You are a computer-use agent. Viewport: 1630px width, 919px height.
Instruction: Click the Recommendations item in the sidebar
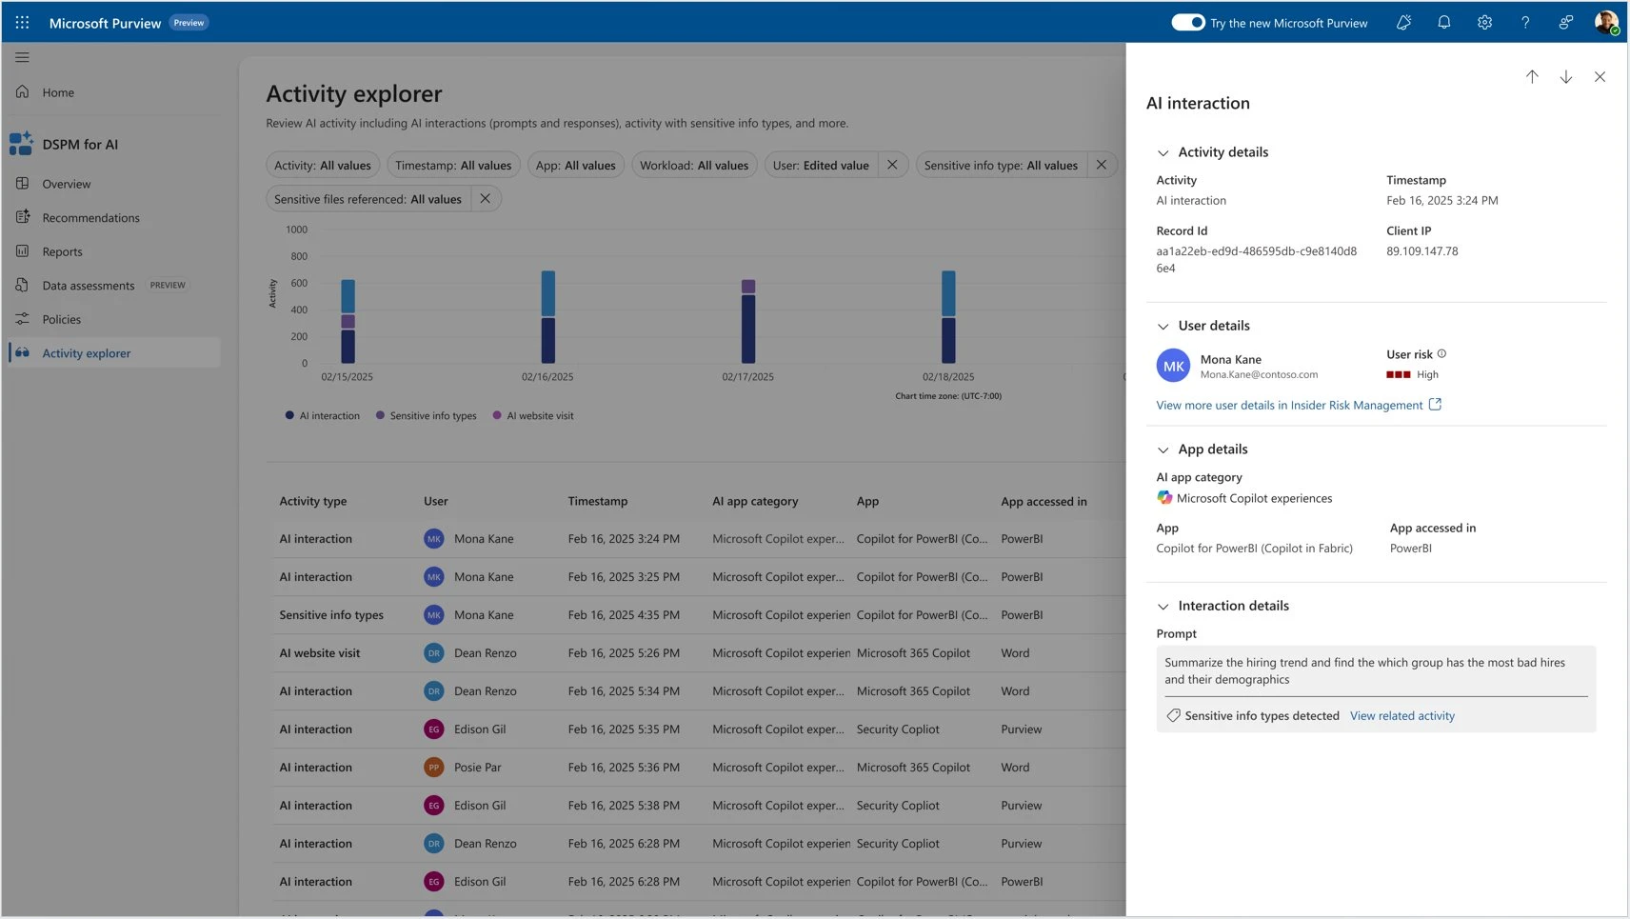pyautogui.click(x=90, y=218)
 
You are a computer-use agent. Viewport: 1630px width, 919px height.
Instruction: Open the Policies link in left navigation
pyautogui.click(x=61, y=320)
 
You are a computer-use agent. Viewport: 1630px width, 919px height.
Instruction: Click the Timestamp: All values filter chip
pyautogui.click(x=453, y=166)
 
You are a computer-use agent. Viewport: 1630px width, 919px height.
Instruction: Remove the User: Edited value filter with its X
pyautogui.click(x=892, y=165)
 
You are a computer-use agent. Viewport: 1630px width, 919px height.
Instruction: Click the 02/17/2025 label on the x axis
pyautogui.click(x=747, y=377)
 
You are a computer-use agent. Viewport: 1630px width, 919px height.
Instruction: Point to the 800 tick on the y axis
pyautogui.click(x=298, y=257)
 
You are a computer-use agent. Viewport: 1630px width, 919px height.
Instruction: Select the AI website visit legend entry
pyautogui.click(x=539, y=416)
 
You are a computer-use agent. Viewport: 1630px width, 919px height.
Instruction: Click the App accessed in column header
pyautogui.click(x=1044, y=502)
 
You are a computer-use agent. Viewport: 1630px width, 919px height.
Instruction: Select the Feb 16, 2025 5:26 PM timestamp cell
pyautogui.click(x=624, y=653)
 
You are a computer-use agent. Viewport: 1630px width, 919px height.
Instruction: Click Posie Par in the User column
pyautogui.click(x=477, y=768)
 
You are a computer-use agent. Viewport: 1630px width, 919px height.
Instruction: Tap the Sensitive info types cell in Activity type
pyautogui.click(x=331, y=615)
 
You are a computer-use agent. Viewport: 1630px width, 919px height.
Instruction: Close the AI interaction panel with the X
pyautogui.click(x=1600, y=77)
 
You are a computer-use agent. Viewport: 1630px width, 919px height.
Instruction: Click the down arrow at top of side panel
pyautogui.click(x=1565, y=77)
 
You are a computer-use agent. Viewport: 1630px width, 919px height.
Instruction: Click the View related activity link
pyautogui.click(x=1401, y=716)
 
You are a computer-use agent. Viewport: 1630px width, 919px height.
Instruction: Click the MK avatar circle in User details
pyautogui.click(x=1173, y=367)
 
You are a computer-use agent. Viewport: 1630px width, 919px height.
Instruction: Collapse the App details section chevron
pyautogui.click(x=1163, y=450)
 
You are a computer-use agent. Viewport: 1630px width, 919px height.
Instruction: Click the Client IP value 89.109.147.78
pyautogui.click(x=1421, y=252)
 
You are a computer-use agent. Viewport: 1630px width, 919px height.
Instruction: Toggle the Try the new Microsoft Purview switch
pyautogui.click(x=1187, y=23)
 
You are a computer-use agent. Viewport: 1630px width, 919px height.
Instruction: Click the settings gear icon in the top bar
pyautogui.click(x=1484, y=23)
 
